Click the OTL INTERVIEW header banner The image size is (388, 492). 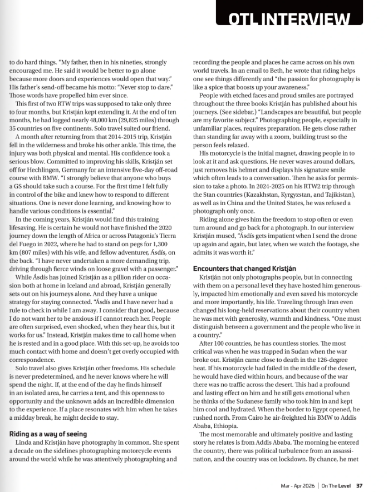pyautogui.click(x=287, y=18)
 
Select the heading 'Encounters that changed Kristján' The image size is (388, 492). pyautogui.click(x=244, y=268)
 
